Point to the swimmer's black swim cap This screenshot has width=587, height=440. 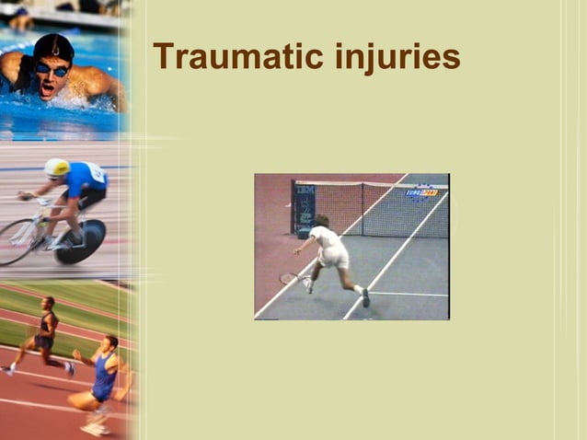click(x=52, y=45)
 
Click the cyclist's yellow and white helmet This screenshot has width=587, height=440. click(x=57, y=168)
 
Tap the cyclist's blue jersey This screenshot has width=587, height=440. click(x=86, y=179)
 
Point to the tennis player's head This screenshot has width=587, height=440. click(x=321, y=221)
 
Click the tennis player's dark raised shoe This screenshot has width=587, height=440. click(x=365, y=297)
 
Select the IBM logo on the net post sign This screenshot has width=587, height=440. click(x=305, y=190)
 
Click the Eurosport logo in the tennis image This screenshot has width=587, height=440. click(x=422, y=192)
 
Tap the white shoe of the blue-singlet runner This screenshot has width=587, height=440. click(x=93, y=428)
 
